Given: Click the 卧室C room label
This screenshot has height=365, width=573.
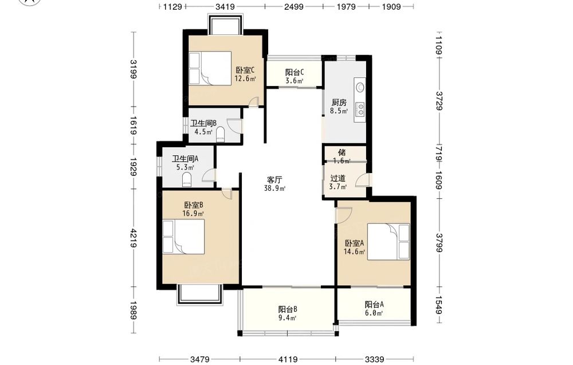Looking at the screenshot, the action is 245,70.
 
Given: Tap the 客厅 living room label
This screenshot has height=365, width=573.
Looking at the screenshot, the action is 274,180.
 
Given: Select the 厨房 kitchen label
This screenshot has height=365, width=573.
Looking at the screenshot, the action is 339,103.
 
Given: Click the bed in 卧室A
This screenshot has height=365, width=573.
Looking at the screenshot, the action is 388,241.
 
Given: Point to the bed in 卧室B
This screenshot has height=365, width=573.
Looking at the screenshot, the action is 183,237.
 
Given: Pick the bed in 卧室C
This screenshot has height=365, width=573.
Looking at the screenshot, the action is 210,68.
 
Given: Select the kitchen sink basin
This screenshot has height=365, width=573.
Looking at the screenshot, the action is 360,87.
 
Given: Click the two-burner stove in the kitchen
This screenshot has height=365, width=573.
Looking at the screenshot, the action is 360,108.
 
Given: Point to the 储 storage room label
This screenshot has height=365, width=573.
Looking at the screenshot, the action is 342,152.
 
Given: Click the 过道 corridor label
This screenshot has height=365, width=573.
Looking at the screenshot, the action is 338,178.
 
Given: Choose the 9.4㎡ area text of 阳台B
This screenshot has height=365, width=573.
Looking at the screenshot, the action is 287,318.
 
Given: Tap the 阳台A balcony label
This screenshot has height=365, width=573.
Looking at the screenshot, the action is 374,304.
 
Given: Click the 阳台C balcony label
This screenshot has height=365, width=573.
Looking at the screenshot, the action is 295,72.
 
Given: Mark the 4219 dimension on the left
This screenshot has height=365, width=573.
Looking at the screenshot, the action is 134,238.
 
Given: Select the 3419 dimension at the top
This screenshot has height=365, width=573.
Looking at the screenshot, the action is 225,6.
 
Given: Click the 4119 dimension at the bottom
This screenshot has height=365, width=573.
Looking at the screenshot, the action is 288,359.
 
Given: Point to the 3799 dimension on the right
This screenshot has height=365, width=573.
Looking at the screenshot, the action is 439,243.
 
